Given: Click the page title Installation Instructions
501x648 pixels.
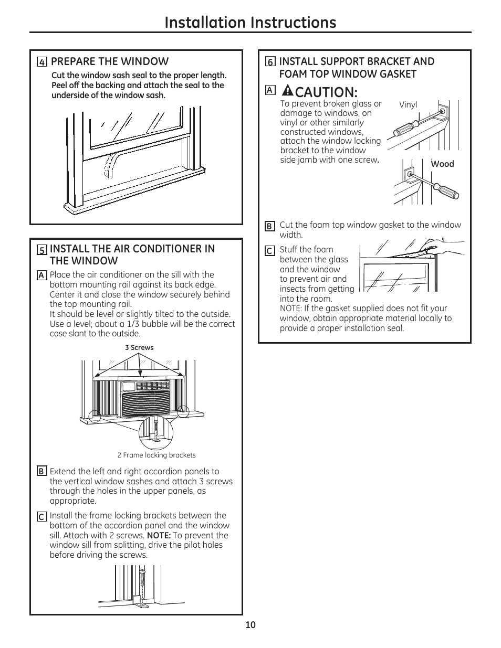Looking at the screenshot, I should [250, 22].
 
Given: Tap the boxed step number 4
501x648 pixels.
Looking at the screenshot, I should [41, 62].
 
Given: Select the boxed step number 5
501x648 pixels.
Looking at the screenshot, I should [41, 250].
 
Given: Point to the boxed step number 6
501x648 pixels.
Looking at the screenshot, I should [270, 62].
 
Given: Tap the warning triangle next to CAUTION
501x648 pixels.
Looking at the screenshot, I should [287, 91].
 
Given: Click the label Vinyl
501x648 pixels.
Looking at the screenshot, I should [408, 104].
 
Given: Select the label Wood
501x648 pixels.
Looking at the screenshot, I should [442, 164].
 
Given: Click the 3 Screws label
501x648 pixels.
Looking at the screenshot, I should [139, 347].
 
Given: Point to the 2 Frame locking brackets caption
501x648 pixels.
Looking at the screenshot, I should [156, 455].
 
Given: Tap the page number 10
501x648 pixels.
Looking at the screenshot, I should [250, 625].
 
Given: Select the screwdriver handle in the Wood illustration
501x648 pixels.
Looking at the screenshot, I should [448, 192].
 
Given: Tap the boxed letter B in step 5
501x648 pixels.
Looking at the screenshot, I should [41, 471].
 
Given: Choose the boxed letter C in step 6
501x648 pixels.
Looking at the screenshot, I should [269, 251].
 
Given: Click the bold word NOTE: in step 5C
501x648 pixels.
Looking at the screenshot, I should [159, 535].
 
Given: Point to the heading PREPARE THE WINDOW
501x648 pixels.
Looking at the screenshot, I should [110, 61].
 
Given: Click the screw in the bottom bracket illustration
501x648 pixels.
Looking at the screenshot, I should [141, 581].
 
